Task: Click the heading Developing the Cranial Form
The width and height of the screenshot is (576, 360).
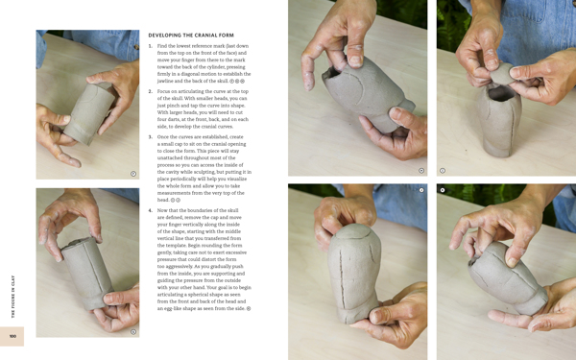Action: point(191,35)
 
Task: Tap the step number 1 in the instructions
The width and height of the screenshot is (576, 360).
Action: point(151,46)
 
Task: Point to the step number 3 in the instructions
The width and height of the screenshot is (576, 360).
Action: point(151,137)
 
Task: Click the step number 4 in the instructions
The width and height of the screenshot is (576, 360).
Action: point(151,209)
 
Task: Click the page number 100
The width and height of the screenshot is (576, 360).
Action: point(13,336)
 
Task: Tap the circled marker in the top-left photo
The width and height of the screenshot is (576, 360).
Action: point(133,174)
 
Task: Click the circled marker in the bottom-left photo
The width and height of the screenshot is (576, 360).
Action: point(133,331)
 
